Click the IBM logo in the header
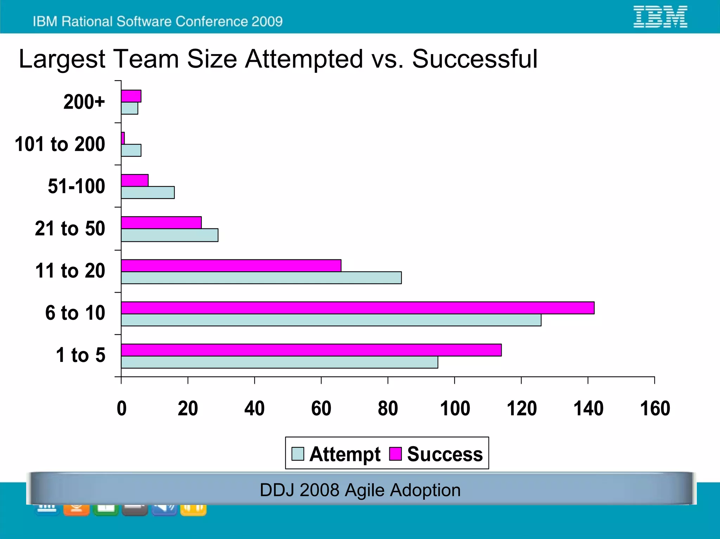tap(660, 17)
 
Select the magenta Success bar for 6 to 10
tap(358, 308)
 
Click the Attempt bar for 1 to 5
tap(279, 362)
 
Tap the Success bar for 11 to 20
tap(231, 266)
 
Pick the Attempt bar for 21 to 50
tap(169, 235)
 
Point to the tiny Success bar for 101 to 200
tap(123, 138)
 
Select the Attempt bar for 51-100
tap(148, 193)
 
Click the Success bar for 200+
tap(131, 96)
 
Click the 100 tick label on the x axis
tap(455, 409)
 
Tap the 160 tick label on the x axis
tap(655, 409)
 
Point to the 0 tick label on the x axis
tap(122, 409)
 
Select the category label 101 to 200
tap(60, 144)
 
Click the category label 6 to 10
tap(75, 313)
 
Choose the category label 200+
tap(84, 102)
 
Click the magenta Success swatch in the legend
tap(395, 454)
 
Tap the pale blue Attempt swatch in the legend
tap(298, 454)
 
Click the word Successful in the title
tap(475, 59)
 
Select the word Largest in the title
tap(62, 59)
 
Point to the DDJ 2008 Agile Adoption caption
tap(360, 490)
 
